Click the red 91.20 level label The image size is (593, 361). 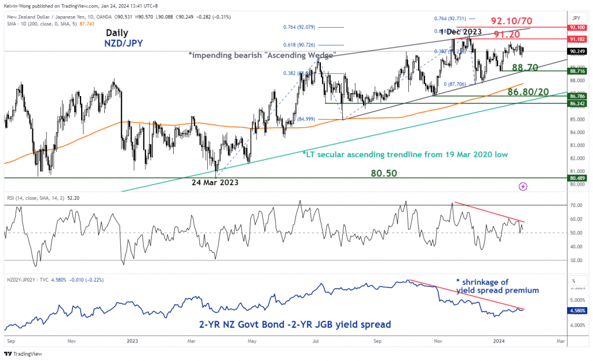click(518, 50)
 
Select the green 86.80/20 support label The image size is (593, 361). click(528, 91)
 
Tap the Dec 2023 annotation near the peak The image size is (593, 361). click(462, 32)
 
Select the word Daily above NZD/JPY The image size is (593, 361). click(118, 33)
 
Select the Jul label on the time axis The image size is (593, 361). click(316, 341)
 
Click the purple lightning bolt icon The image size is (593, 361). click(524, 186)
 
